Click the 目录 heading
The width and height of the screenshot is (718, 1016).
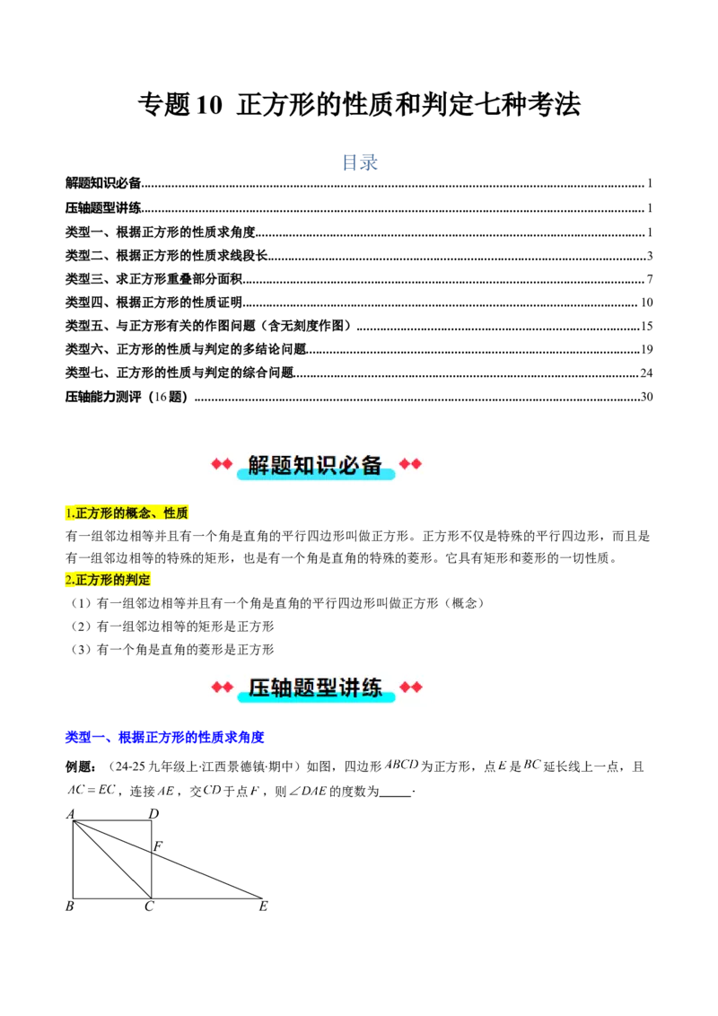click(359, 162)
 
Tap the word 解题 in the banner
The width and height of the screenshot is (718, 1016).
click(270, 465)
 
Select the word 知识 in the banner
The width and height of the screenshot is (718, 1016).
click(315, 465)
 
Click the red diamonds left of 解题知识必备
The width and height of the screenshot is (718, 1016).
click(222, 464)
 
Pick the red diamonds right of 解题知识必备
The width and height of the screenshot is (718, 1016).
click(410, 464)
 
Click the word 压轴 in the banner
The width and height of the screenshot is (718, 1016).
click(270, 688)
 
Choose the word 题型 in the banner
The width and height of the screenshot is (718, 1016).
click(315, 688)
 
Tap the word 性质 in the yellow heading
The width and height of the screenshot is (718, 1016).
click(175, 514)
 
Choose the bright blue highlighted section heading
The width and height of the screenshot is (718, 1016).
click(165, 738)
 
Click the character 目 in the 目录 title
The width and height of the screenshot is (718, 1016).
click(349, 162)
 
